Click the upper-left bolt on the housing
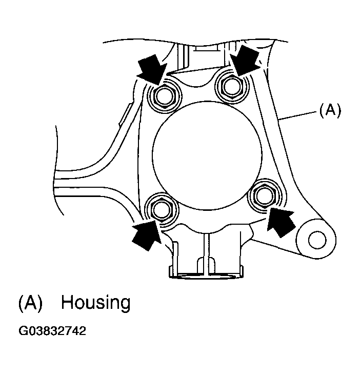[165, 95]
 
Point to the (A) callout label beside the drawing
[329, 110]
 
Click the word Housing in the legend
[95, 303]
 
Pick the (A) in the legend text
[30, 303]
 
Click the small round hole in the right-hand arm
[316, 238]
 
